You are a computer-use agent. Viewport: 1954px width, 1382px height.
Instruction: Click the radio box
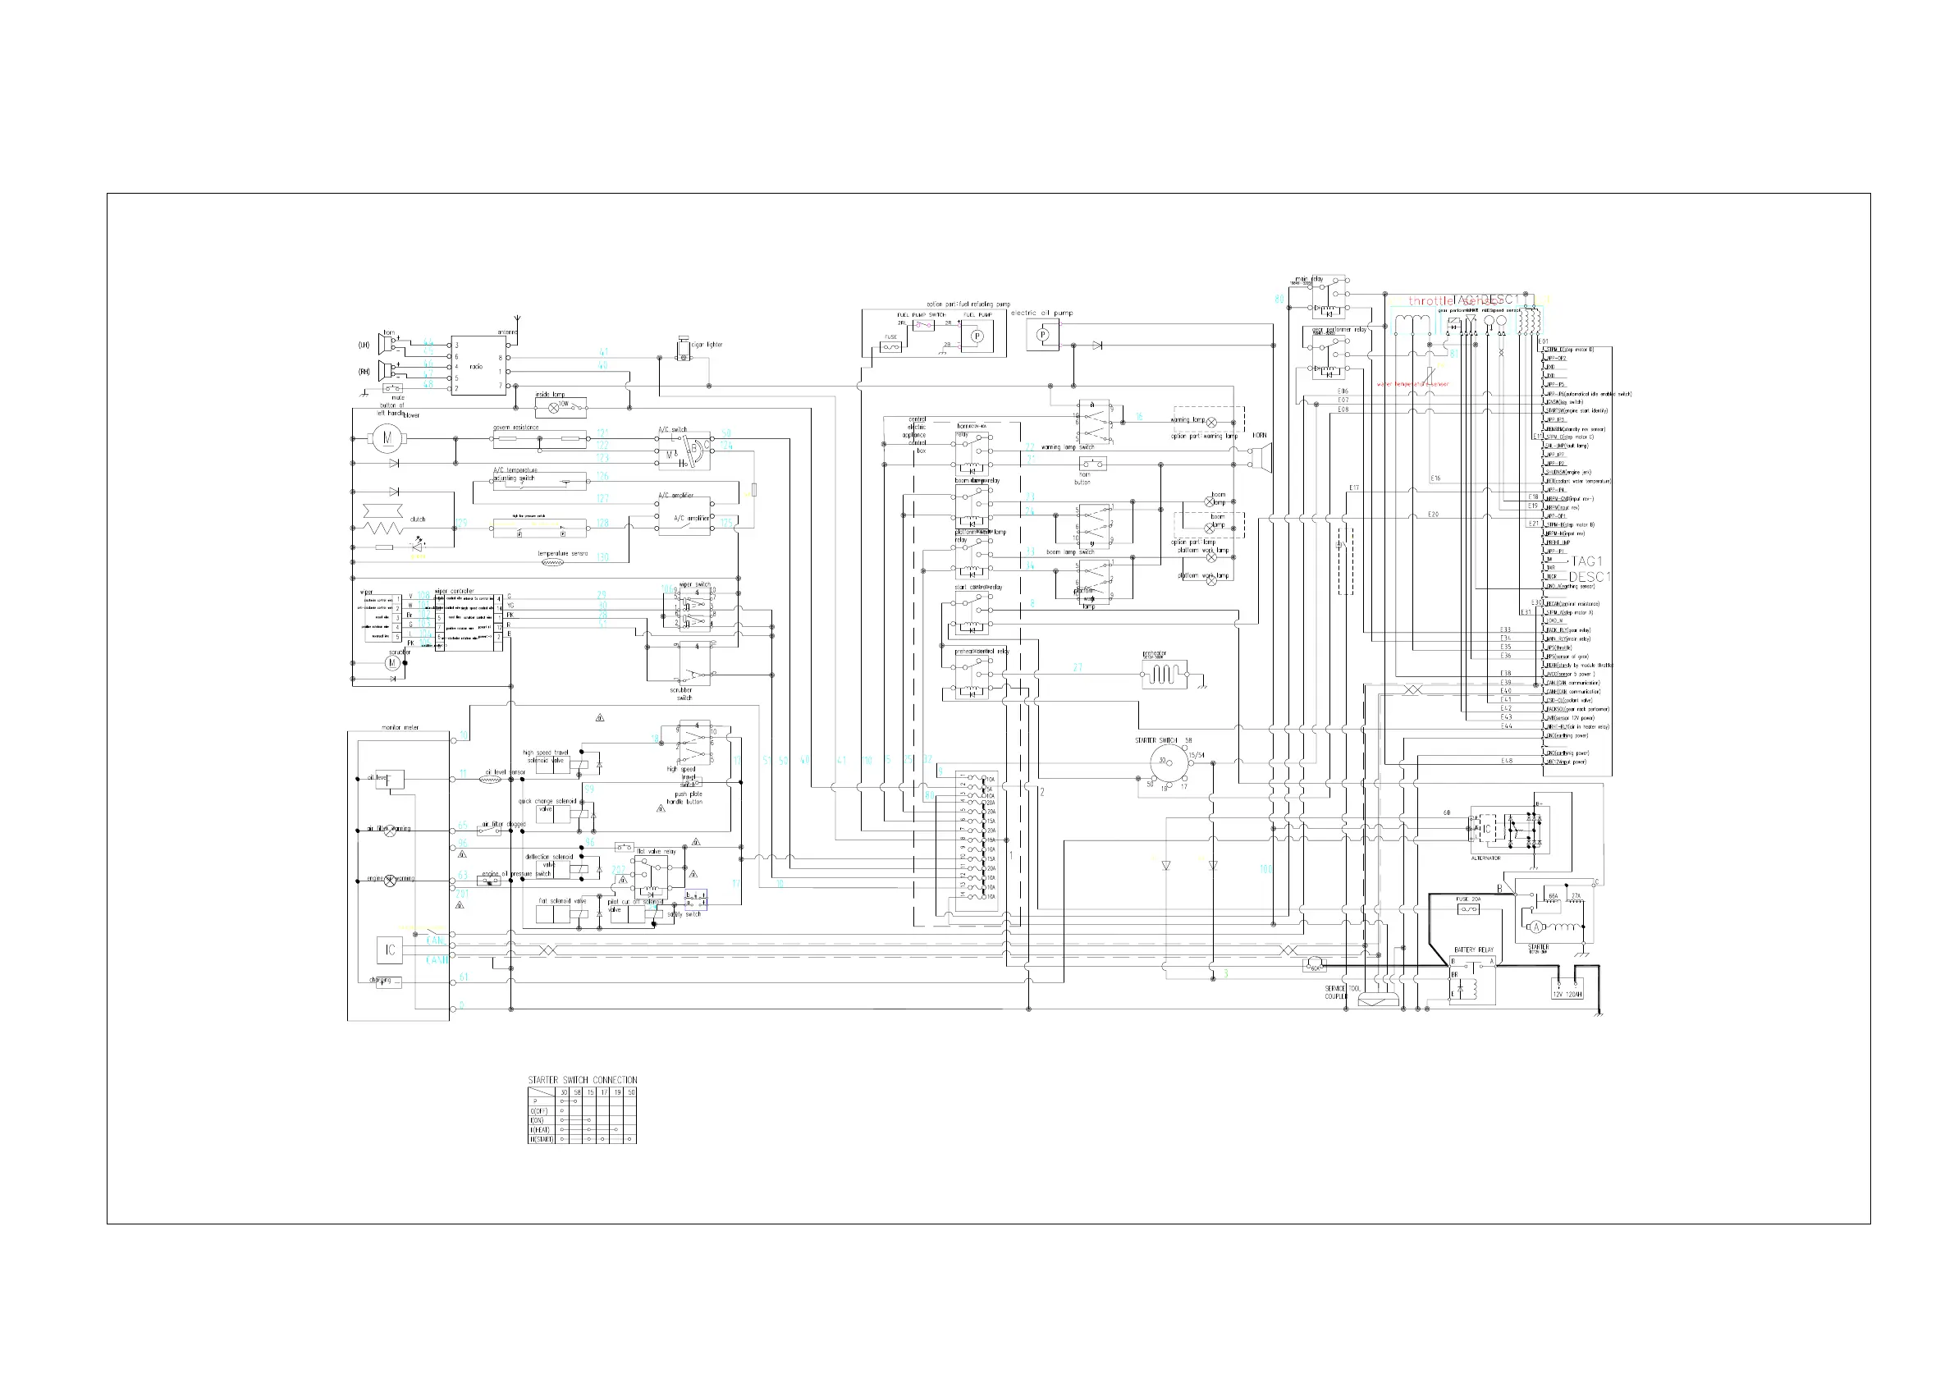click(x=478, y=366)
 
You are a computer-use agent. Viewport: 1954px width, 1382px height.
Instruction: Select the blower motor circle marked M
click(x=387, y=438)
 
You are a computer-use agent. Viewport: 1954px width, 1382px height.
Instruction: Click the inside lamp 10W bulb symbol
click(x=554, y=408)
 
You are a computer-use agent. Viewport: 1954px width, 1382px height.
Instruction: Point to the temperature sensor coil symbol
click(x=551, y=562)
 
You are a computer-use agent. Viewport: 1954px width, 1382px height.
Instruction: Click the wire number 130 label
click(x=602, y=557)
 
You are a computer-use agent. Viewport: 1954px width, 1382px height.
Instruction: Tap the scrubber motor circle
click(x=392, y=663)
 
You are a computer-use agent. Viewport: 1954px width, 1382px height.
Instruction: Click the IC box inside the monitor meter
click(x=390, y=950)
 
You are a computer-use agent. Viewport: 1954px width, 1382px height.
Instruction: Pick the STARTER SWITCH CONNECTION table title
click(x=582, y=1080)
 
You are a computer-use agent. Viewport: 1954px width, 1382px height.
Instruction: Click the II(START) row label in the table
click(x=541, y=1139)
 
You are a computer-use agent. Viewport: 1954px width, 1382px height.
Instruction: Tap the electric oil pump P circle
click(x=1042, y=336)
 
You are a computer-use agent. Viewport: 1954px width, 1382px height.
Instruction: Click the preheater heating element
click(x=1164, y=675)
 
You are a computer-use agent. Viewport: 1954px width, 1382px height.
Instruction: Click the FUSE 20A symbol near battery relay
click(x=1468, y=909)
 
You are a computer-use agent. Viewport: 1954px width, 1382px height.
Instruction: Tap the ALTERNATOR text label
click(x=1486, y=858)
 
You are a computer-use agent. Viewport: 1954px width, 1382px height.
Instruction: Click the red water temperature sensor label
click(x=1412, y=384)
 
